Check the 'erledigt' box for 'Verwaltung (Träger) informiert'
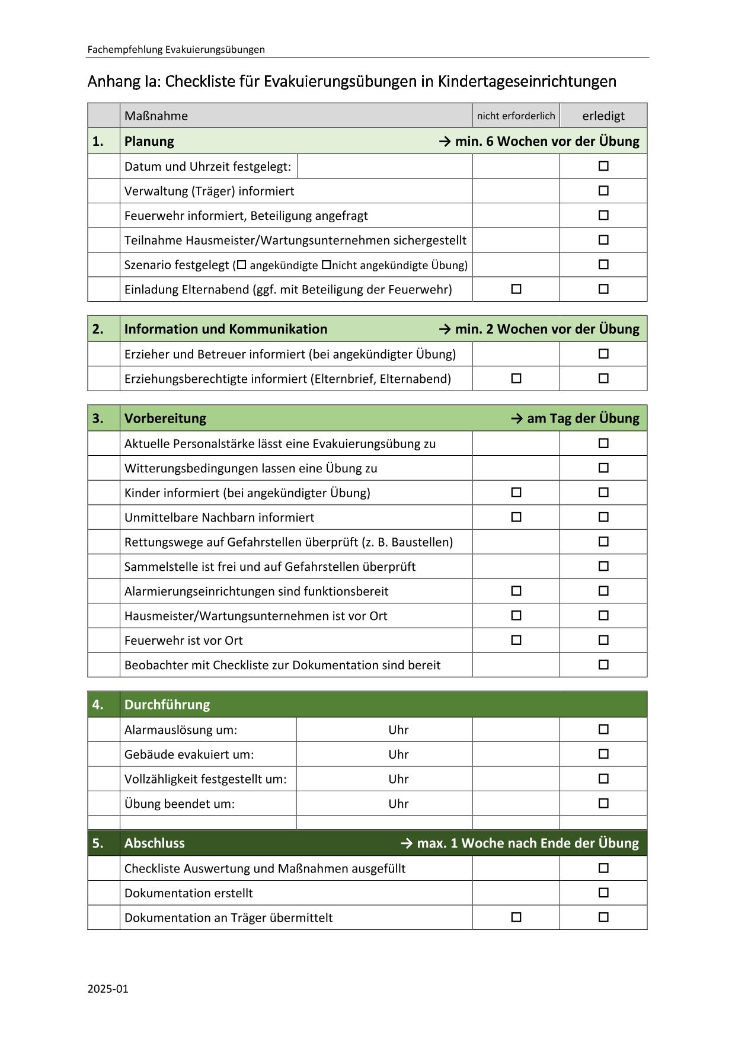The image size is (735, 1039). click(603, 191)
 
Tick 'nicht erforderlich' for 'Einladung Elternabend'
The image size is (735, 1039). click(516, 289)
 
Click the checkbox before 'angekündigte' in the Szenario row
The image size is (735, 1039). click(241, 265)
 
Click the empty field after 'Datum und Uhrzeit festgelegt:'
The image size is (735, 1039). click(384, 167)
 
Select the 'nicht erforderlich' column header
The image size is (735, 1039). click(516, 116)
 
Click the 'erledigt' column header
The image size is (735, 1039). click(603, 116)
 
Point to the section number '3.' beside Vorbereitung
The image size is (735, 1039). click(98, 418)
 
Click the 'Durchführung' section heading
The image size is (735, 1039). click(167, 705)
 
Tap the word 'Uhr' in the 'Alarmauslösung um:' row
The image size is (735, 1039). click(398, 730)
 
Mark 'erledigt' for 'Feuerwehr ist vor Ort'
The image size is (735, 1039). click(603, 640)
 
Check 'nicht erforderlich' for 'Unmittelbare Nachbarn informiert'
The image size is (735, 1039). click(516, 517)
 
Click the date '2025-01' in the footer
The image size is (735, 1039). click(108, 989)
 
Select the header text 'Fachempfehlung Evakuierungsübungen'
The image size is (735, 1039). click(176, 50)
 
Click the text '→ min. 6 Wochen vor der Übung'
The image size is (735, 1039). click(539, 142)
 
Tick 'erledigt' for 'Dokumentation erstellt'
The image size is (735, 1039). click(603, 893)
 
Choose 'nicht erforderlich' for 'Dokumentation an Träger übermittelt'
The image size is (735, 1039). click(516, 917)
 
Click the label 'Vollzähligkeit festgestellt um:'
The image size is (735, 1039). click(205, 779)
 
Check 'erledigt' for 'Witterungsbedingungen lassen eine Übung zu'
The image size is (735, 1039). click(603, 468)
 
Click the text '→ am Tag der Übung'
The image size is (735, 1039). click(575, 418)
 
